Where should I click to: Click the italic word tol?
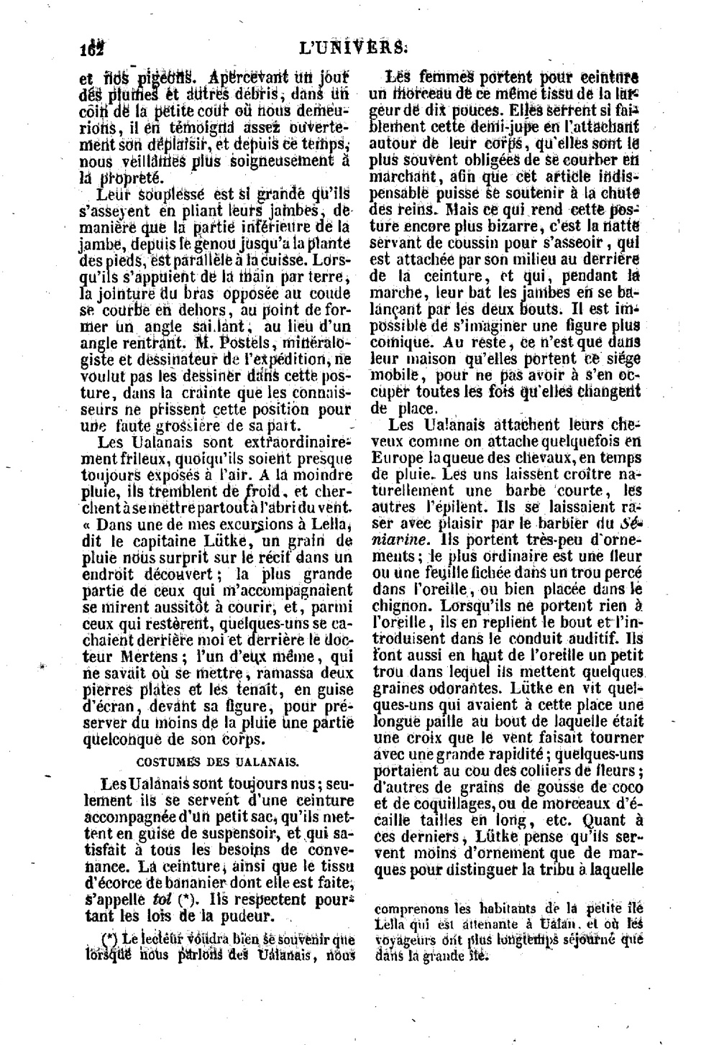click(x=162, y=900)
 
